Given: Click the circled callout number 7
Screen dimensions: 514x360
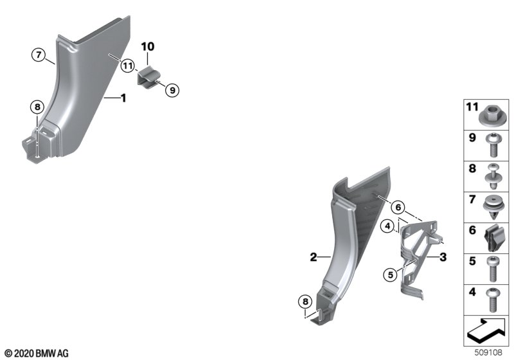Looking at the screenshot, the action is click(39, 55).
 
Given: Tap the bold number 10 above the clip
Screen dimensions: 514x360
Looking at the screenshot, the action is click(148, 46).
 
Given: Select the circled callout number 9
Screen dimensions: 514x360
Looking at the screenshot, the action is click(172, 90).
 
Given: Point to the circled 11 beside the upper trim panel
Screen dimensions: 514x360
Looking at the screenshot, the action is click(127, 66).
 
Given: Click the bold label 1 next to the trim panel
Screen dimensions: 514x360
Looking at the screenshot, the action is click(123, 98).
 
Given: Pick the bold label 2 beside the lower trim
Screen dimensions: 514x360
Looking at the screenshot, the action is click(314, 257).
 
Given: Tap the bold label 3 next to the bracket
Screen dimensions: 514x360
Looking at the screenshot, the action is click(443, 257).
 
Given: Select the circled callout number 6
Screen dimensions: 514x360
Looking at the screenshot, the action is click(398, 207).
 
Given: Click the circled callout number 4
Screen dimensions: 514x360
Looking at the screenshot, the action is click(388, 226).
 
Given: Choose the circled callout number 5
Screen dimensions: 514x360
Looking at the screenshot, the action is click(390, 274).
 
